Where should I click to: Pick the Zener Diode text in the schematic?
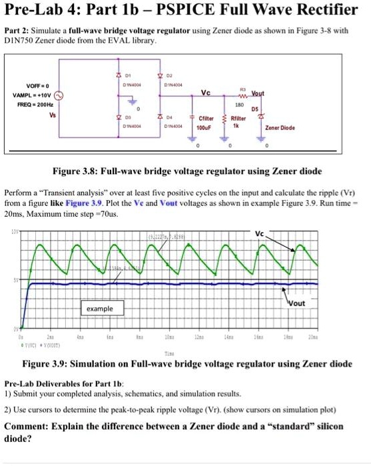pyautogui.click(x=280, y=126)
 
